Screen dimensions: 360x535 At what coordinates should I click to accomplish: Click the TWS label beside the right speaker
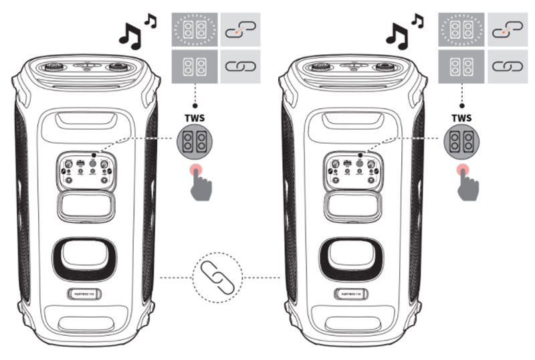point(461,117)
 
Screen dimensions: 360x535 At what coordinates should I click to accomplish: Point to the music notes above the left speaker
point(136,34)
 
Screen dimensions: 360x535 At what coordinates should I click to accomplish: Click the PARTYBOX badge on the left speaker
point(86,293)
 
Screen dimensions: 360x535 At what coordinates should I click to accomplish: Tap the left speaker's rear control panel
point(86,169)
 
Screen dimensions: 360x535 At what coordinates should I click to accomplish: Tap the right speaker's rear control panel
point(352,169)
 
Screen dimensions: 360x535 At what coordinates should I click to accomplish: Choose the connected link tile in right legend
point(509,67)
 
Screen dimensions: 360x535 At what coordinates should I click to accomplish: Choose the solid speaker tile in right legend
point(461,67)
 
